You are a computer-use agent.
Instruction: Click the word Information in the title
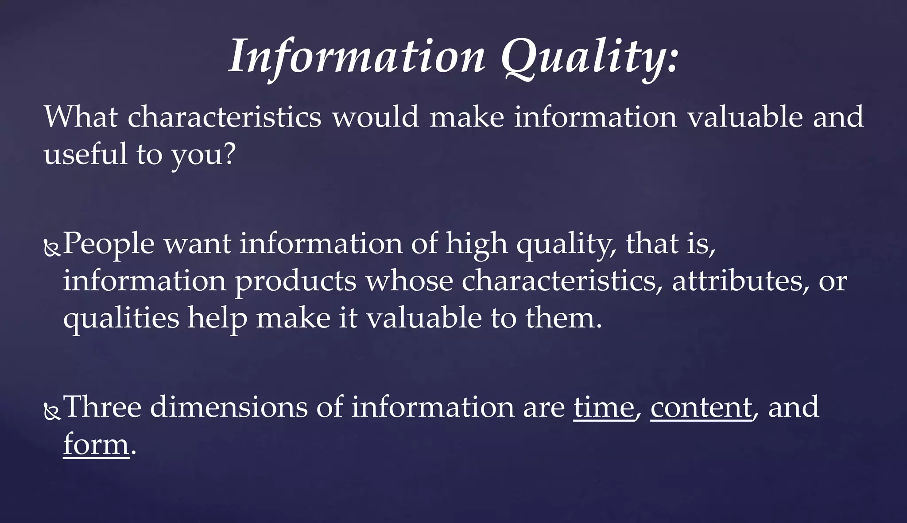click(357, 57)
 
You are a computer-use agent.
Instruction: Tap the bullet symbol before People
click(52, 249)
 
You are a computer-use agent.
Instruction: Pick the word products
click(295, 281)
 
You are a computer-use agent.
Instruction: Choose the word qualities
click(121, 319)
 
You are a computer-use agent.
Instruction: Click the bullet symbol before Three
click(52, 412)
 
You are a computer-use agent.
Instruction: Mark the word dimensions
click(229, 407)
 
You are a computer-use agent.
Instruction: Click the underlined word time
click(603, 407)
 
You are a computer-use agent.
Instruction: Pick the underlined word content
click(701, 407)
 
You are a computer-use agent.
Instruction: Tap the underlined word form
click(96, 444)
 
